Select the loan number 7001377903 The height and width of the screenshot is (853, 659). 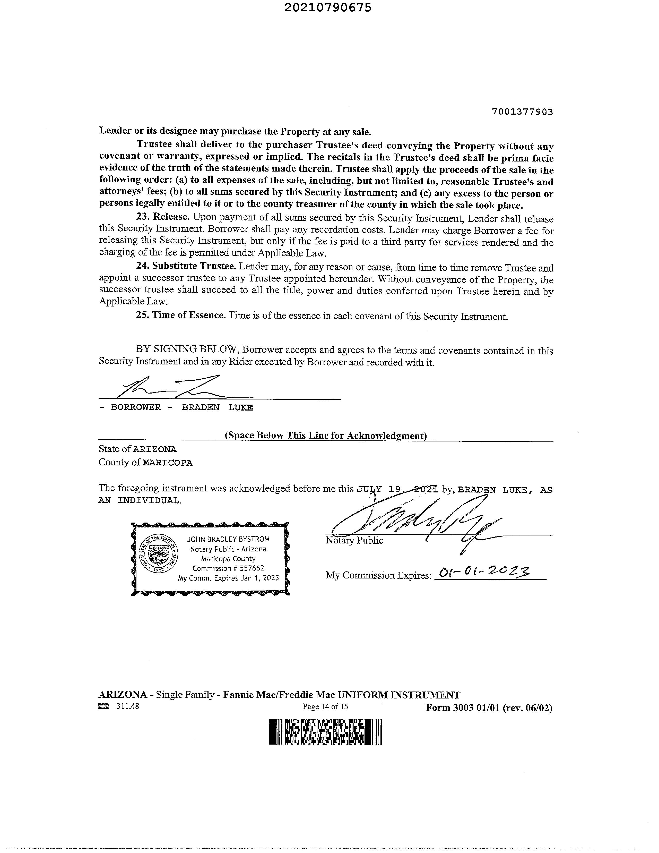tap(522, 112)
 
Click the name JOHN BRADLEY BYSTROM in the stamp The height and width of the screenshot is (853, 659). tap(228, 539)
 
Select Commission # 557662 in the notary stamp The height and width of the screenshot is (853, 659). tap(228, 568)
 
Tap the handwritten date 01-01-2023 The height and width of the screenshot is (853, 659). tap(484, 573)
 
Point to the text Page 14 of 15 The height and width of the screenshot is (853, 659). tap(325, 706)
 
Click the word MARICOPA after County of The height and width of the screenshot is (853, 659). tap(168, 463)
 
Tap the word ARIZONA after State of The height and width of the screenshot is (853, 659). tap(155, 449)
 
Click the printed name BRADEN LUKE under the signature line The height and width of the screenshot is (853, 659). tap(218, 407)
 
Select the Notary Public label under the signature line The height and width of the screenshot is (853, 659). tap(354, 541)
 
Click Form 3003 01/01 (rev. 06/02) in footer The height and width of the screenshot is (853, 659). tap(489, 708)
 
